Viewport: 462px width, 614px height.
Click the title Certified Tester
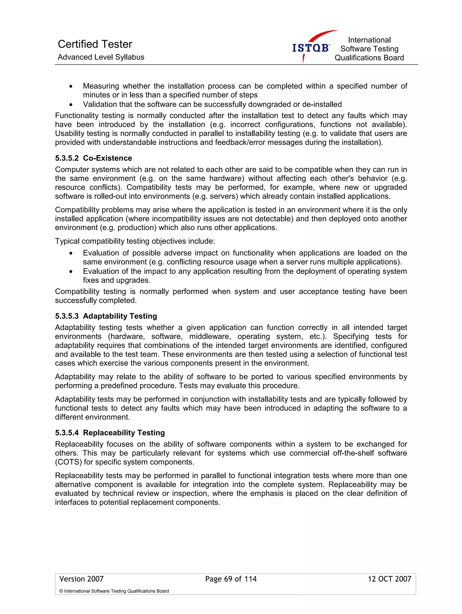click(95, 44)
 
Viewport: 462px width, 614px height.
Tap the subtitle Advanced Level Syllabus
click(101, 57)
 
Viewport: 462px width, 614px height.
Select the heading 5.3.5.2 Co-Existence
click(93, 158)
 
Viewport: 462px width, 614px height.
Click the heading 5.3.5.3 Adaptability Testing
click(106, 316)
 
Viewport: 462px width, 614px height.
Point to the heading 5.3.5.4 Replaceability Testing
click(110, 433)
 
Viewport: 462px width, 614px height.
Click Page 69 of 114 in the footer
click(231, 579)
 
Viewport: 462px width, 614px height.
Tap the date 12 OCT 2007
click(389, 579)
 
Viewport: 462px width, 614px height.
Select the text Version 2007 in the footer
click(81, 579)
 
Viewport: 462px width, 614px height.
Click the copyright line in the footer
click(114, 591)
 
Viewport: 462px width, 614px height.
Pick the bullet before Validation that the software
click(71, 105)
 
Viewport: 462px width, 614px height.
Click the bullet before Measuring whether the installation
click(71, 86)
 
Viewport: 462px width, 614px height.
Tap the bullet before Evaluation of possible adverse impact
click(71, 253)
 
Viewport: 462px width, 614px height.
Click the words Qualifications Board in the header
click(369, 58)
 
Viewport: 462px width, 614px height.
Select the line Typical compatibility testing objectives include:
click(135, 241)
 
